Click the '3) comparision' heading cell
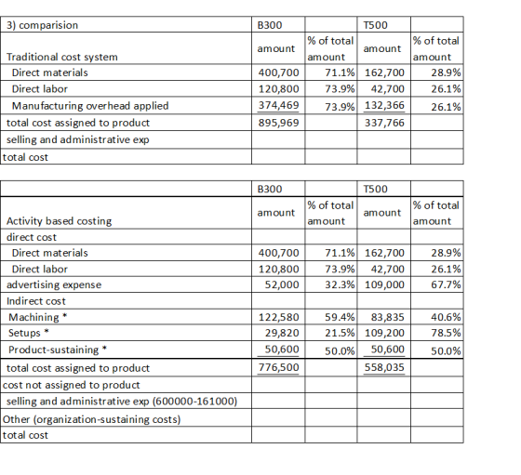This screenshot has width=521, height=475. click(x=42, y=25)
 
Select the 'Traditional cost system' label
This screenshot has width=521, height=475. click(x=61, y=57)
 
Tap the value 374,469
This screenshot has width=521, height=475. click(x=278, y=105)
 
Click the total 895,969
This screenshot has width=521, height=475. click(x=278, y=123)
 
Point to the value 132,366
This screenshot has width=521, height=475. click(x=384, y=105)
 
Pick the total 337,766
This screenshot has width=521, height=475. click(x=384, y=123)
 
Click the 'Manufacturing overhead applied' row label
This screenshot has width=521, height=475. click(x=90, y=106)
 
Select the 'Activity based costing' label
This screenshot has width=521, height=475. click(x=59, y=221)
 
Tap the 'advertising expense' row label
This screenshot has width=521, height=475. click(x=54, y=284)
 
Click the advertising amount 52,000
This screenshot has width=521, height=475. click(x=282, y=284)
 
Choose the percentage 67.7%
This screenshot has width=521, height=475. click(x=446, y=284)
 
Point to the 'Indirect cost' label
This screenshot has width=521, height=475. click(x=36, y=301)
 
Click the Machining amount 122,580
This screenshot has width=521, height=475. click(x=278, y=317)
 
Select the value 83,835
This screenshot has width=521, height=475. click(x=388, y=317)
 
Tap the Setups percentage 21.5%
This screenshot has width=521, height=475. click(x=340, y=333)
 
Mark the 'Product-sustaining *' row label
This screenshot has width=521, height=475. click(x=58, y=350)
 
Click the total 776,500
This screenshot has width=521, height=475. click(x=278, y=367)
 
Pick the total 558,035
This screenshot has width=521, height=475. click(x=384, y=367)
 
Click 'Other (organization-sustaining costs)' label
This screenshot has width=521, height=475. click(x=92, y=419)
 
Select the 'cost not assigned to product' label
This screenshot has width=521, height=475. click(x=71, y=385)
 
